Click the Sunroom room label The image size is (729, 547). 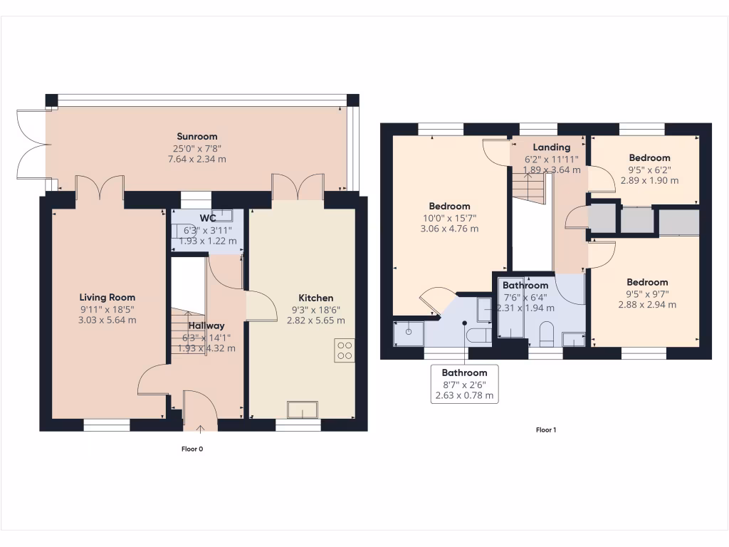point(197,136)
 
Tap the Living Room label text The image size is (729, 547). point(107,297)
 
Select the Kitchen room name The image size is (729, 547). point(315,297)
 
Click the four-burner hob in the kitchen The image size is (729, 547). point(345,350)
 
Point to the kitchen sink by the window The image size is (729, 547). point(303,410)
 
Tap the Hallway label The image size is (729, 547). point(206,325)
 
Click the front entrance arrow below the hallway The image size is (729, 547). point(201,429)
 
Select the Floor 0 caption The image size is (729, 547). point(192,449)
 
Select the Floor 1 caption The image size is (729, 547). point(545,430)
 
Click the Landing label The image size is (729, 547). point(552,147)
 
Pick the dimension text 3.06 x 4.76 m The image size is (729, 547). point(447,229)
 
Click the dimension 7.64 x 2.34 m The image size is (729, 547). point(197,159)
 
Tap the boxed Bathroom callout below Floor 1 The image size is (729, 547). point(464,383)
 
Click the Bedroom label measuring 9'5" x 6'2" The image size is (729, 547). point(649,157)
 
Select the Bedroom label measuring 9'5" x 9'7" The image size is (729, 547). point(647,282)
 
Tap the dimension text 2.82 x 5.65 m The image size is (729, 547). point(315,321)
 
